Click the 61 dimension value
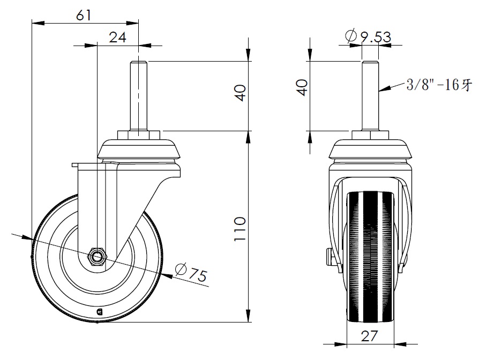84,15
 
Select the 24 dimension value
118,37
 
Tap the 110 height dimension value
240,229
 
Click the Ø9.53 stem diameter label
368,36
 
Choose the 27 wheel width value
370,336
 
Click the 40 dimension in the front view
241,93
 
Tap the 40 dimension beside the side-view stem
302,88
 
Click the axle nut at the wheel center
96,256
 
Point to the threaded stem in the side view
370,96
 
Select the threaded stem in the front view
139,96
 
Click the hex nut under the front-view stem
138,135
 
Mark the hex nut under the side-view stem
370,135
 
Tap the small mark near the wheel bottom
99,312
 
